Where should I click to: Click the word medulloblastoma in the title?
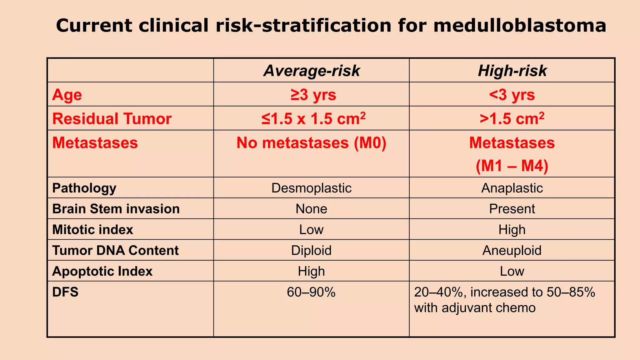520,26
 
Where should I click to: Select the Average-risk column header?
312,71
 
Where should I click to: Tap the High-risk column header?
512,71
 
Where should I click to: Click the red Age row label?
67,95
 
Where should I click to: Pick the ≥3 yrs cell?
313,95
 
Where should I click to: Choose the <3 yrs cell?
512,95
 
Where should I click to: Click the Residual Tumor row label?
112,119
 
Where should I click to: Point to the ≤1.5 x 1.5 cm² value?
313,119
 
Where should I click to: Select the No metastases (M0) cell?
311,143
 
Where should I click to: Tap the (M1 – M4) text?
512,166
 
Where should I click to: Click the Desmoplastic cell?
311,188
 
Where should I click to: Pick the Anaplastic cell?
512,188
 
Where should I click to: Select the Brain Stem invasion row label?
116,209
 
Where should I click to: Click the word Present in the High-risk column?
512,209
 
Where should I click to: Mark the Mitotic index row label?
92,230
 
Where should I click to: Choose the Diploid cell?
311,250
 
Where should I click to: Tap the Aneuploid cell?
512,250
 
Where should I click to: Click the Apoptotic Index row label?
102,271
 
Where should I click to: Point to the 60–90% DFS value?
311,292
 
